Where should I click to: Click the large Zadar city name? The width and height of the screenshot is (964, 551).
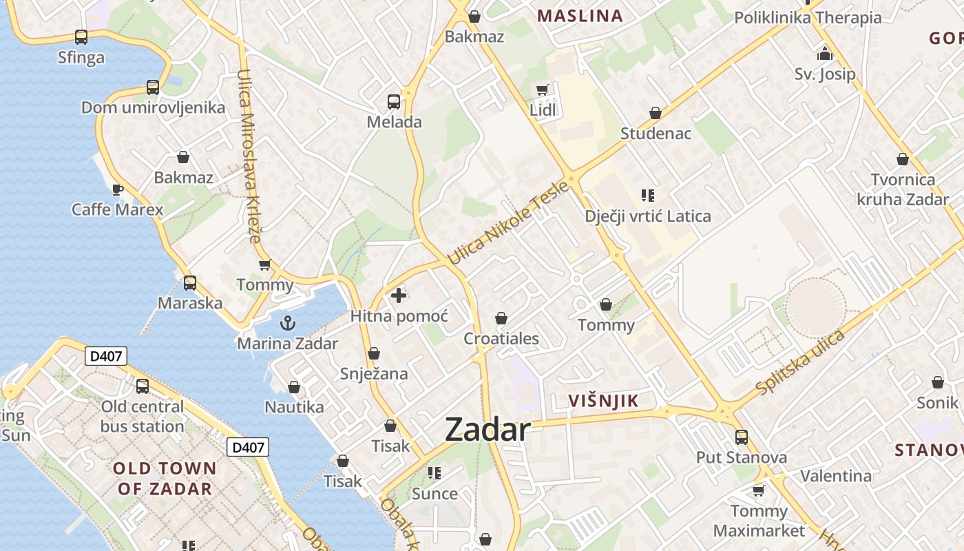point(488,430)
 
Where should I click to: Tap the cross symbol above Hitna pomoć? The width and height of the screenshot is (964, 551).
point(398,295)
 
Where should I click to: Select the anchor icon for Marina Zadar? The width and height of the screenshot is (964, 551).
point(287,322)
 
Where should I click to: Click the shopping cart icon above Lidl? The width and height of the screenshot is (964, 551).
point(543,90)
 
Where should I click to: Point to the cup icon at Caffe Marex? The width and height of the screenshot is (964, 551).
point(117,189)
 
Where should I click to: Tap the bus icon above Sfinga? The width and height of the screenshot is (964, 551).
point(81,37)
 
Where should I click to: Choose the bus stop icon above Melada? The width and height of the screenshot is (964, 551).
point(394,102)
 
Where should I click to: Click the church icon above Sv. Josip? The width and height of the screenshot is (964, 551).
point(825,54)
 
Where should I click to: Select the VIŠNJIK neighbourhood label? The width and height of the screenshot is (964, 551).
point(604,401)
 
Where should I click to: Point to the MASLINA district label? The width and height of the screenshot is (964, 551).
point(580,16)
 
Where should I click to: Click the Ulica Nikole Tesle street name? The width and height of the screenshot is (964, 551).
point(509,222)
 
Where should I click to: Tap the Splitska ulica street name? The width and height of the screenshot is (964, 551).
point(800,363)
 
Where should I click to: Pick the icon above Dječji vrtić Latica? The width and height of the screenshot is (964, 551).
point(647,196)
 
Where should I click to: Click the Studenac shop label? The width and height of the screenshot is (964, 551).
point(656,133)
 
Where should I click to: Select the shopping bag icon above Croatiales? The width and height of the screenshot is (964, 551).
point(501,318)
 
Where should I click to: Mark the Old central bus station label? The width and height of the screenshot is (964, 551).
point(143,416)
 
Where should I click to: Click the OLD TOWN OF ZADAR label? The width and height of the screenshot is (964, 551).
point(165,479)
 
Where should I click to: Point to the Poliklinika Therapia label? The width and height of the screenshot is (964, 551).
point(808,17)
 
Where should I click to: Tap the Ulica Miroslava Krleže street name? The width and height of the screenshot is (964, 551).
point(248,156)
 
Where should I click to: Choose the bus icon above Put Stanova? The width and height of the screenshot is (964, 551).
point(742,437)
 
